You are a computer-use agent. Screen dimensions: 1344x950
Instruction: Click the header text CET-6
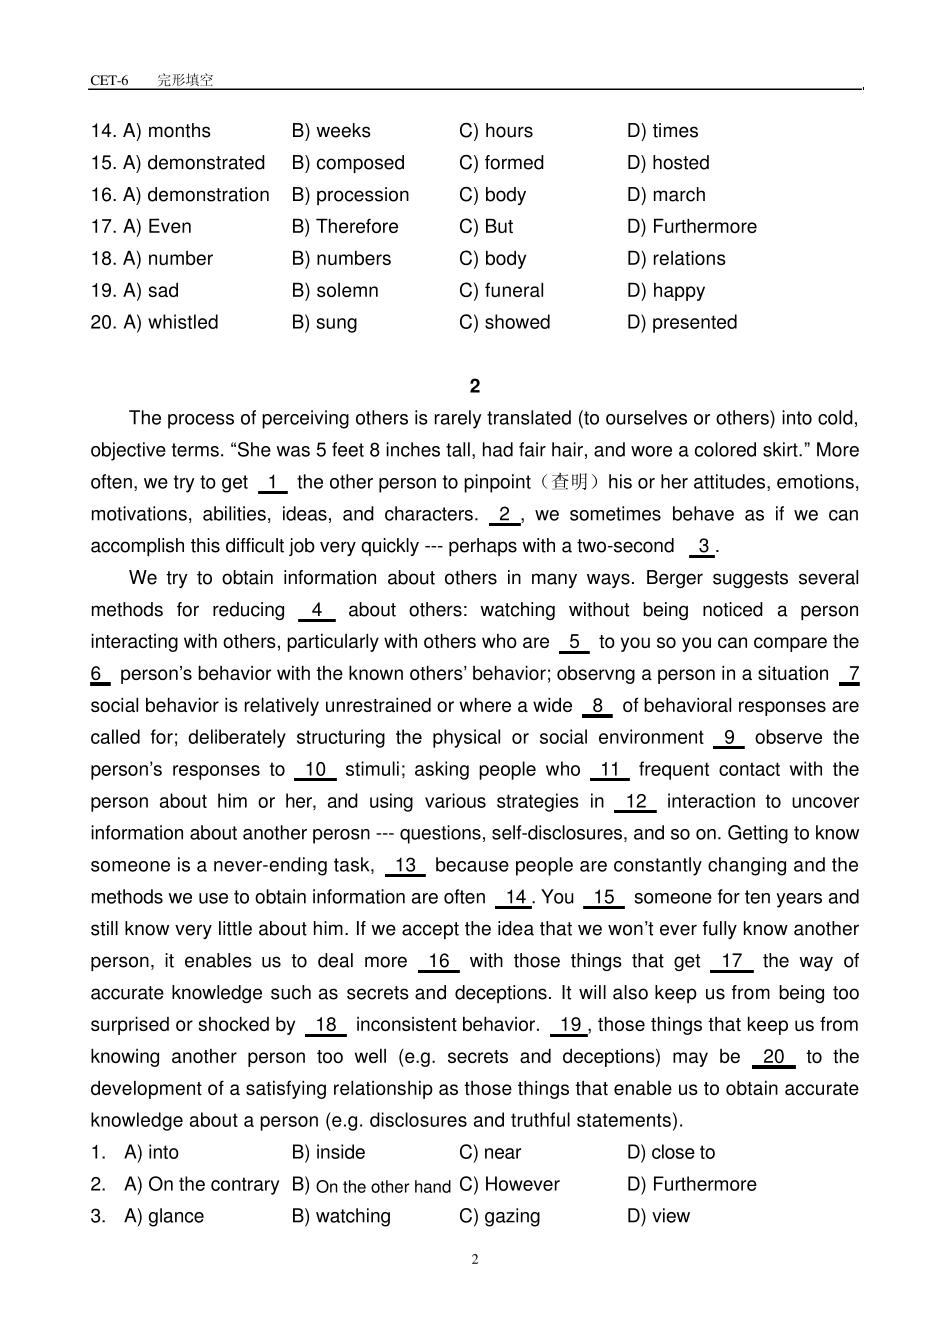pos(109,81)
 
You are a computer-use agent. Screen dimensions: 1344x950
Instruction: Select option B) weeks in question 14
pos(331,131)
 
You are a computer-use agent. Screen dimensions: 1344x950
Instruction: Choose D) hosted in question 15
pos(668,163)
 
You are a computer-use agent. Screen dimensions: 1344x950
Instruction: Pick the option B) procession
pos(350,195)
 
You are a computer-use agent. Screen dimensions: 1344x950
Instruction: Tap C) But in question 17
pos(486,227)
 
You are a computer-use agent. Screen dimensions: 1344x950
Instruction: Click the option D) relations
pos(676,259)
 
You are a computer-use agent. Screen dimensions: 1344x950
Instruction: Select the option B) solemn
pos(335,291)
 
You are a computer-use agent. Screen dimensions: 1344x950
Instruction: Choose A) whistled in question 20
pos(170,323)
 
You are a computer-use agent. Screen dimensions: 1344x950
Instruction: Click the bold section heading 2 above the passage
pos(475,386)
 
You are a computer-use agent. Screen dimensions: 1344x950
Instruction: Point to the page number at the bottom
pos(475,1259)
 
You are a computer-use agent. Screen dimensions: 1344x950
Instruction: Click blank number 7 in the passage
pos(852,674)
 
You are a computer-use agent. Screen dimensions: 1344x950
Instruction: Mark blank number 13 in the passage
pos(405,866)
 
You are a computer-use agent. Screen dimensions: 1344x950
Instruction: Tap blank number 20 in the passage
pos(773,1057)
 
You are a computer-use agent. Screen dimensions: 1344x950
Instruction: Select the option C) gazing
pos(499,1217)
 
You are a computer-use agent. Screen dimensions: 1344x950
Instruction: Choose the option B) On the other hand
pos(371,1186)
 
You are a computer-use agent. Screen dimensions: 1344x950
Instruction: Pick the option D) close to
pos(671,1153)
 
